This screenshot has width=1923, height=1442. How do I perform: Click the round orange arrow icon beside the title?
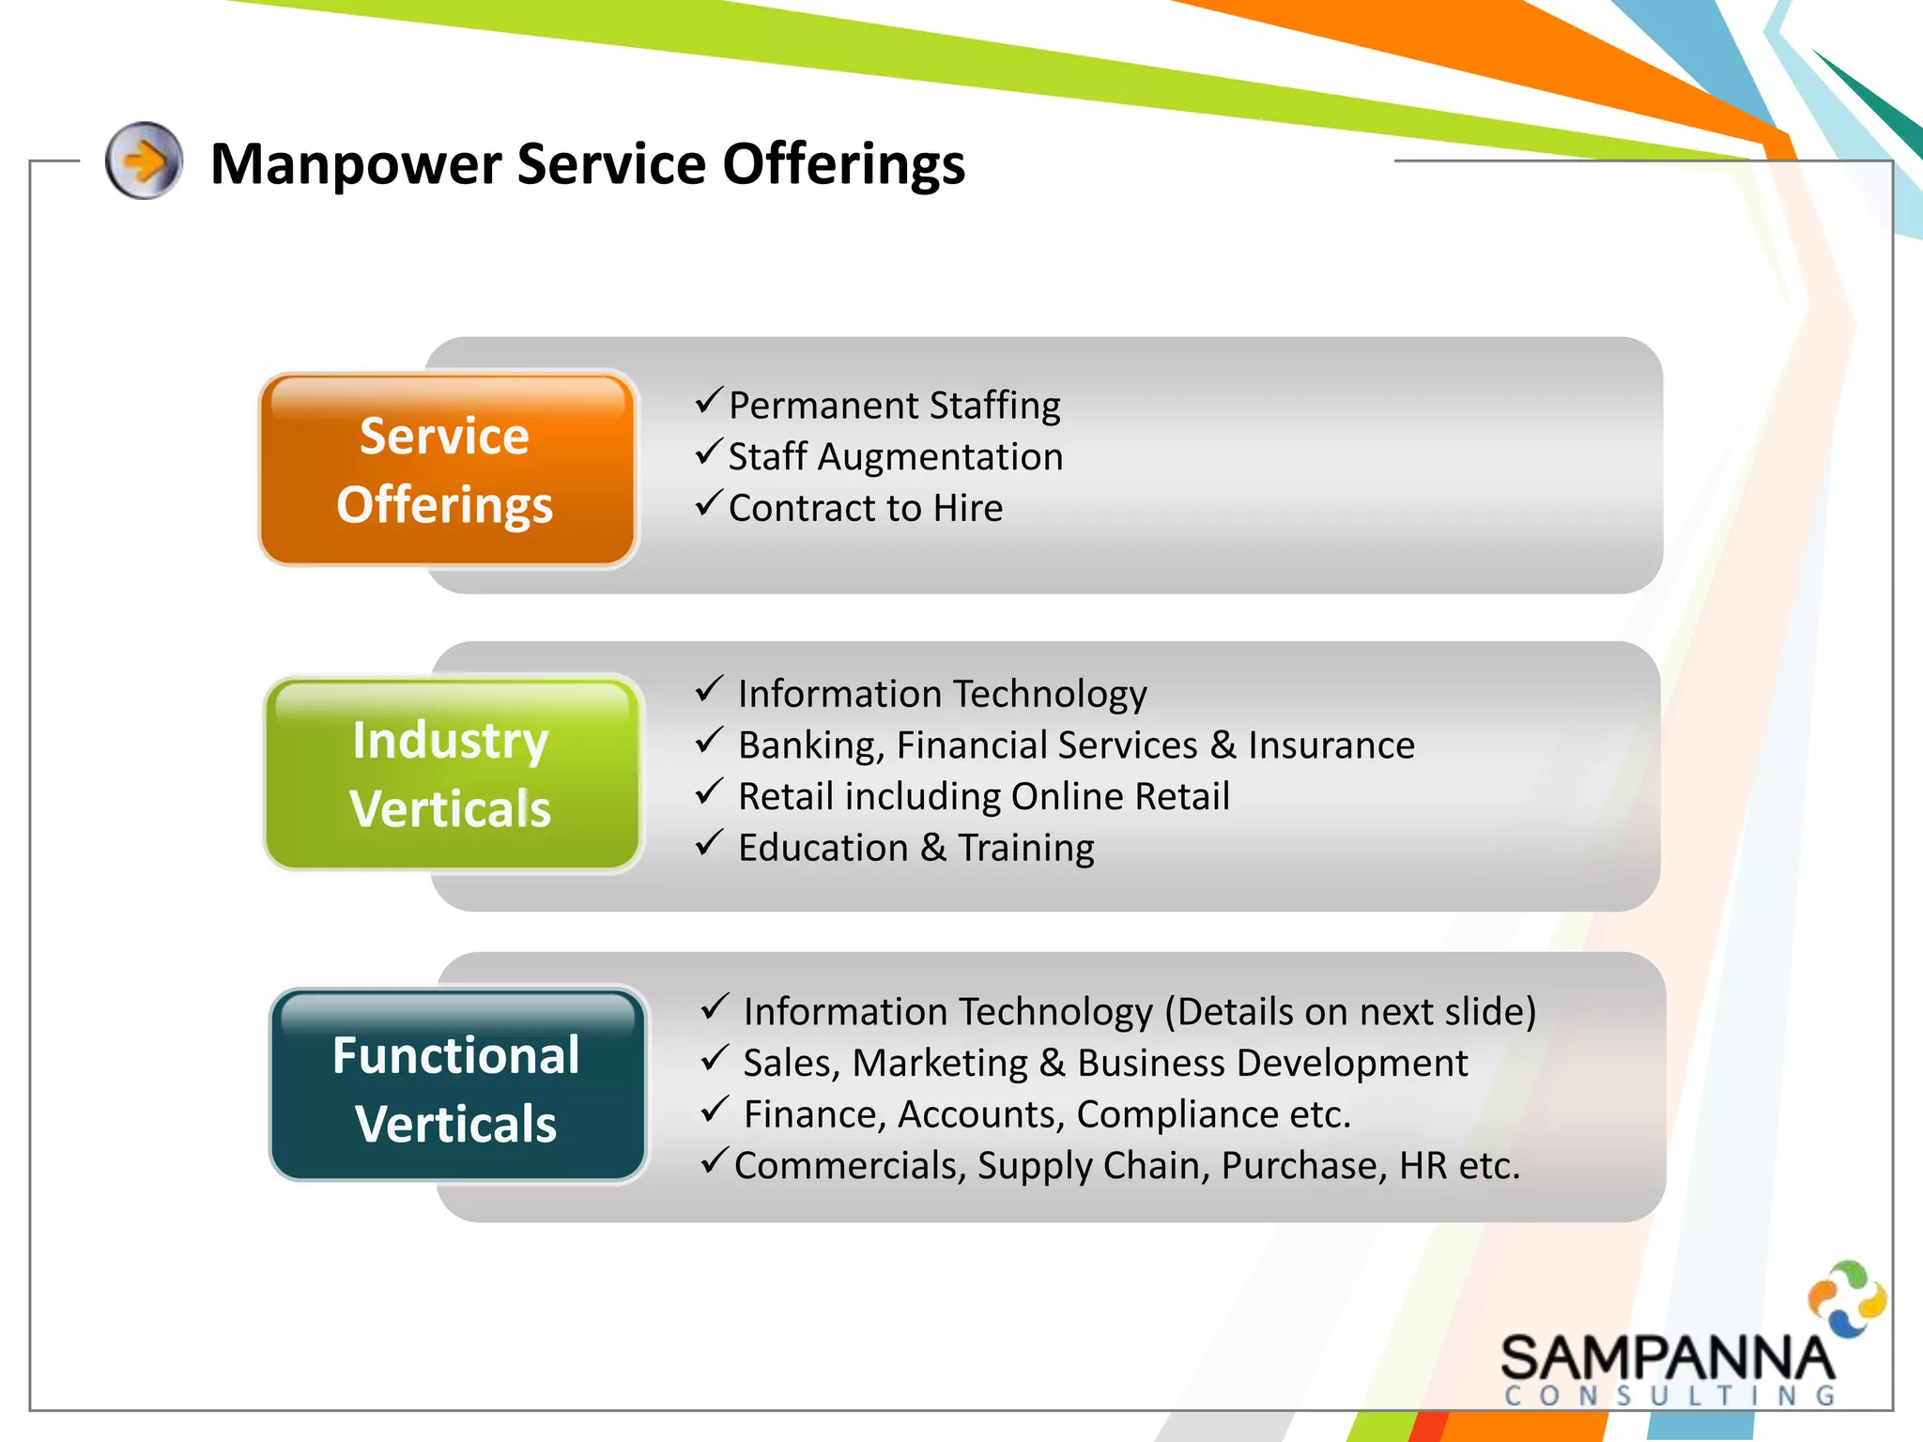[144, 161]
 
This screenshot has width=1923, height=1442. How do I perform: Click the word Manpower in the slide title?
[355, 165]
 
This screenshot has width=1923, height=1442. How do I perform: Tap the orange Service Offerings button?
[447, 469]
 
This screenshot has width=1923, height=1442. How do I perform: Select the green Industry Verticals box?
[453, 774]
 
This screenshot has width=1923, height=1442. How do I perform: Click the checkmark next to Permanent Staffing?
[709, 401]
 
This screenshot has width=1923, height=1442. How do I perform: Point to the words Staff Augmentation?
[895, 457]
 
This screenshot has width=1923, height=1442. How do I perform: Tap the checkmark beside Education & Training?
[709, 842]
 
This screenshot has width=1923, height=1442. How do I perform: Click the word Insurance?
[1331, 745]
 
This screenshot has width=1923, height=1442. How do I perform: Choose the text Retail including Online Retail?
[983, 796]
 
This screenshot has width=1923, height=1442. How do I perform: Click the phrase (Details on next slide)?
[1350, 1012]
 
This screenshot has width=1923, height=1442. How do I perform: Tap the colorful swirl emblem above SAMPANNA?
[1847, 1298]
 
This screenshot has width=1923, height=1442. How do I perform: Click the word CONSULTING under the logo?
[1669, 1396]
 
